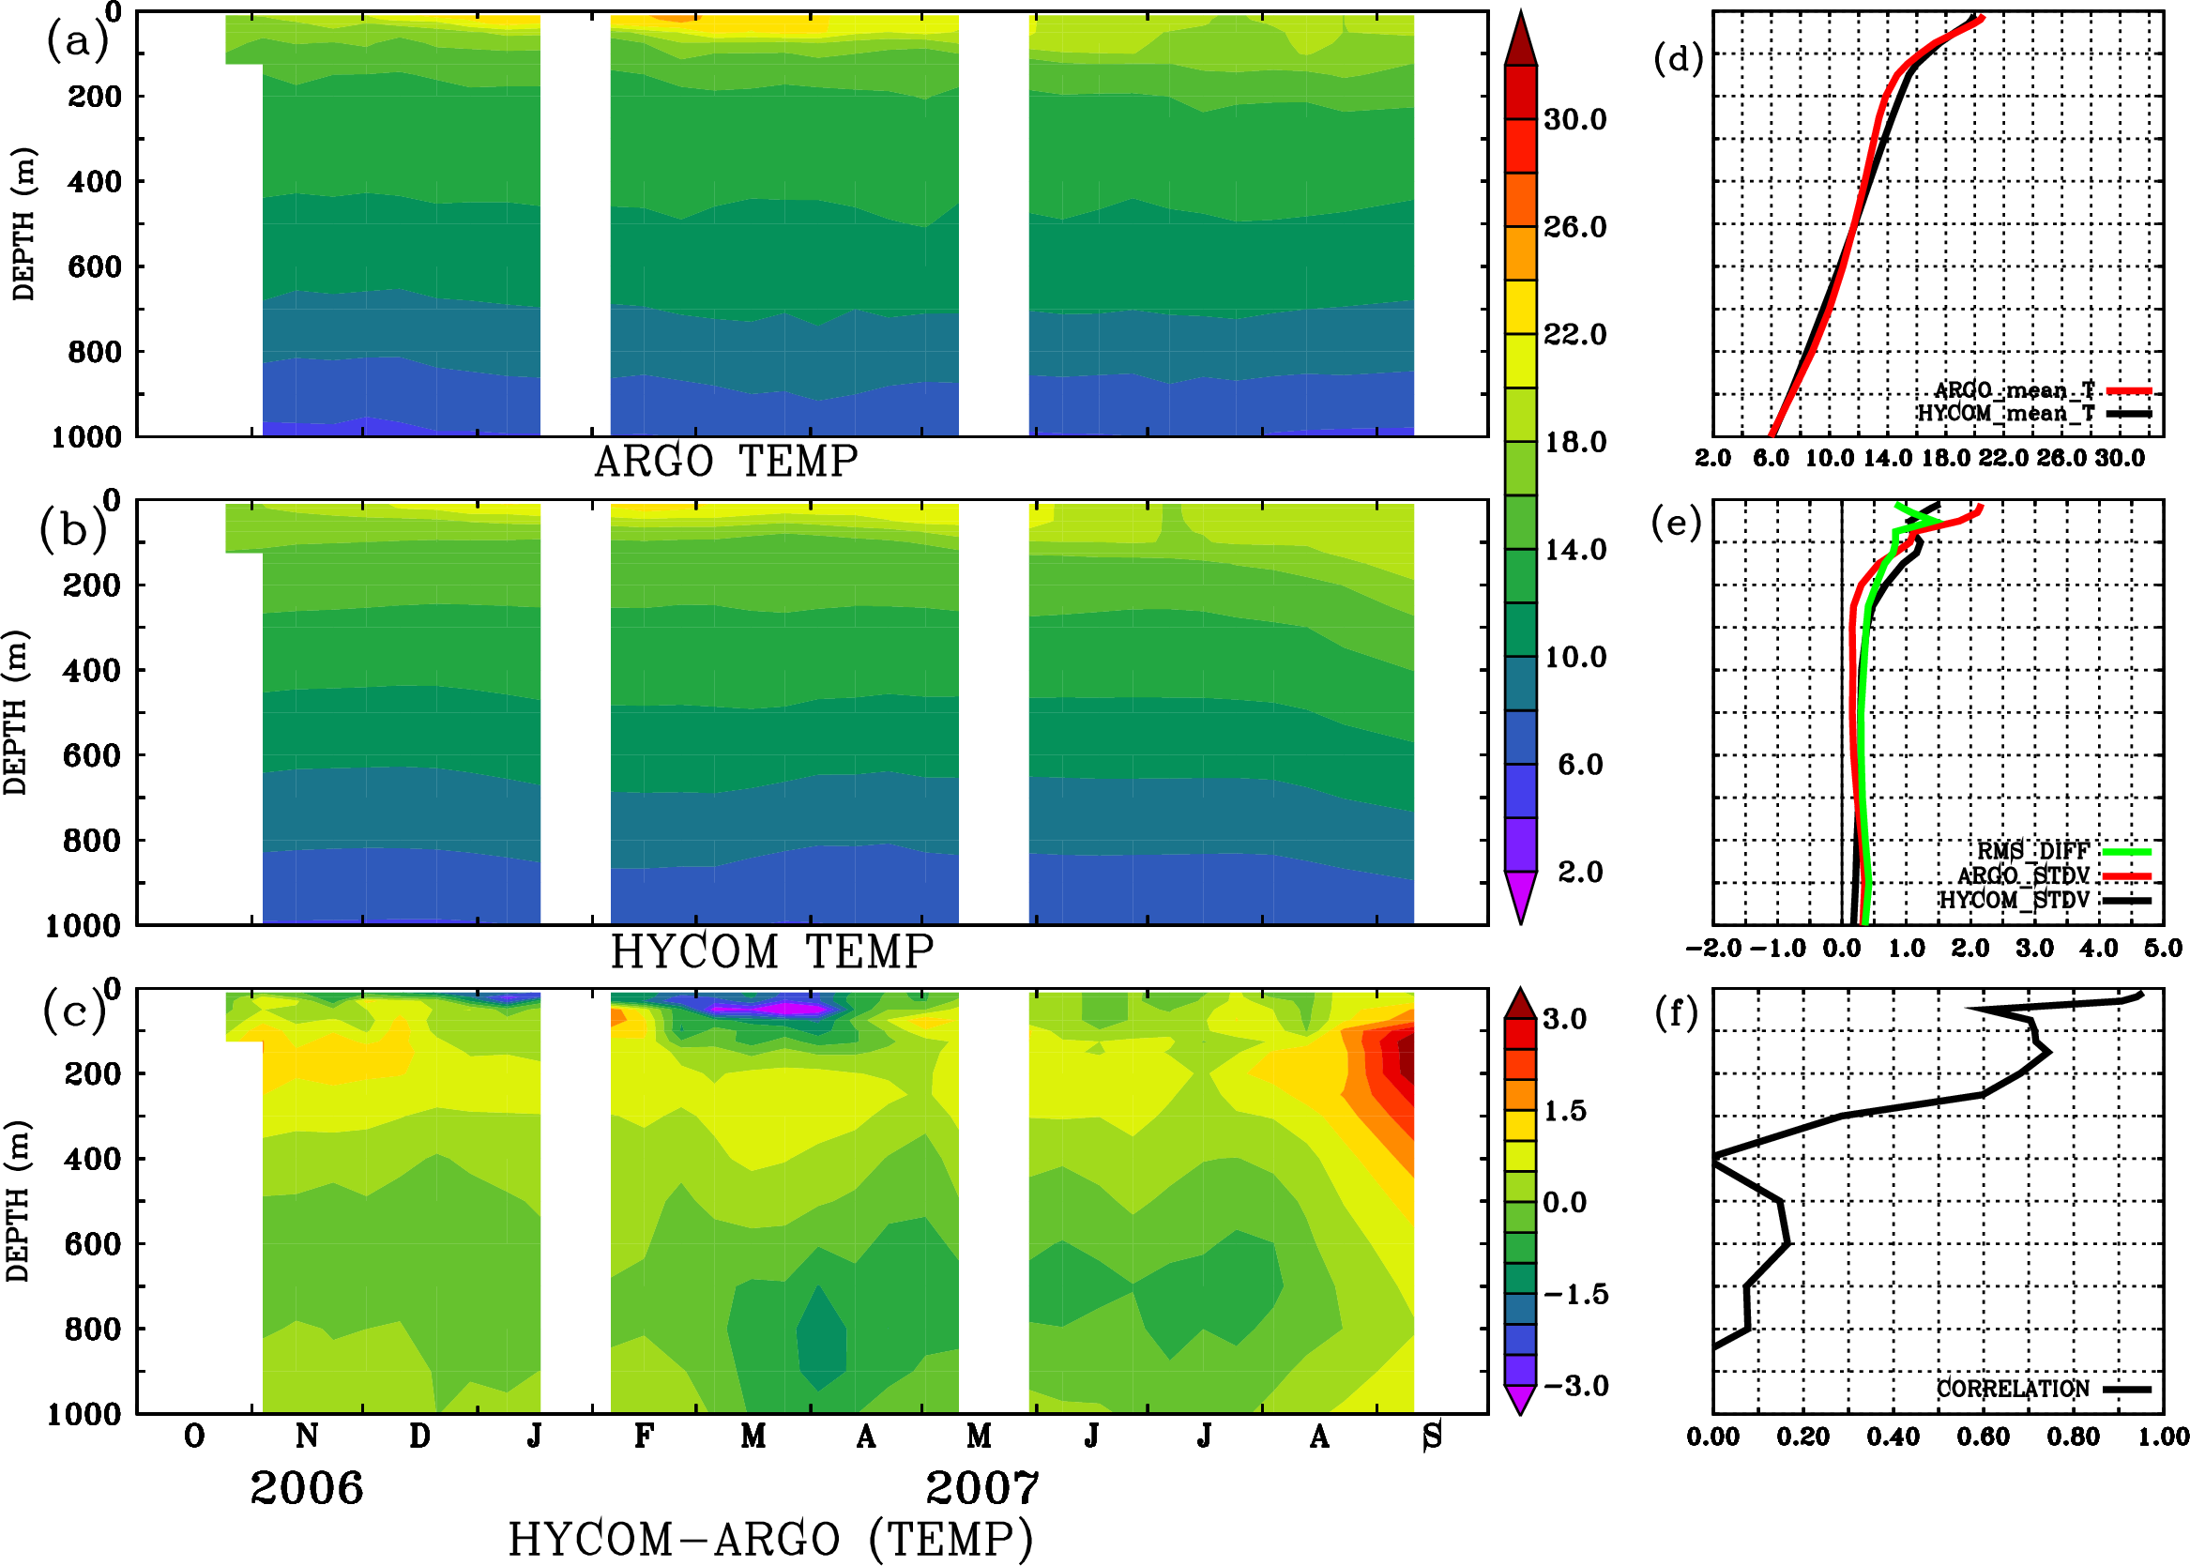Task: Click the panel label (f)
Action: click(1676, 1013)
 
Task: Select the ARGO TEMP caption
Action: click(726, 462)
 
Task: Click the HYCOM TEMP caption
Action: click(772, 951)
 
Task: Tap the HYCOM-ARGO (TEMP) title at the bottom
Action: click(770, 1539)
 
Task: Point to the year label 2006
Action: click(307, 1488)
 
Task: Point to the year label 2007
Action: click(982, 1488)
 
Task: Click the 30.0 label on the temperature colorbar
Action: click(1575, 119)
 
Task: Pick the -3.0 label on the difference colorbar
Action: click(1575, 1386)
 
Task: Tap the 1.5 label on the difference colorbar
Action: click(1565, 1111)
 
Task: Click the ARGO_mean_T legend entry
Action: click(2015, 390)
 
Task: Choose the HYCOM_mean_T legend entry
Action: click(2006, 414)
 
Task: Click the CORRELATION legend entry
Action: click(2014, 1389)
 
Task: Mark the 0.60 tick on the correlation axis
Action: click(1985, 1437)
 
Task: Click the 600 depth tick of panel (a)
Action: click(95, 267)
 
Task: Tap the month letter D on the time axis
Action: click(419, 1437)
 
